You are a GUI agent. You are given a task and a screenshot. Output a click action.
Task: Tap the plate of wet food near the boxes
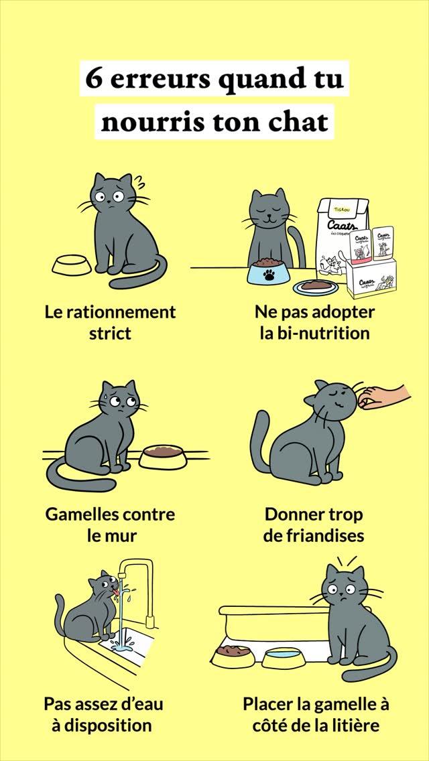(314, 287)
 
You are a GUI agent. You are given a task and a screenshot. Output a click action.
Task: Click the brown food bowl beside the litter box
(233, 654)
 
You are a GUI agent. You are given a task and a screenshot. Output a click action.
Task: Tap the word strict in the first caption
(110, 334)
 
